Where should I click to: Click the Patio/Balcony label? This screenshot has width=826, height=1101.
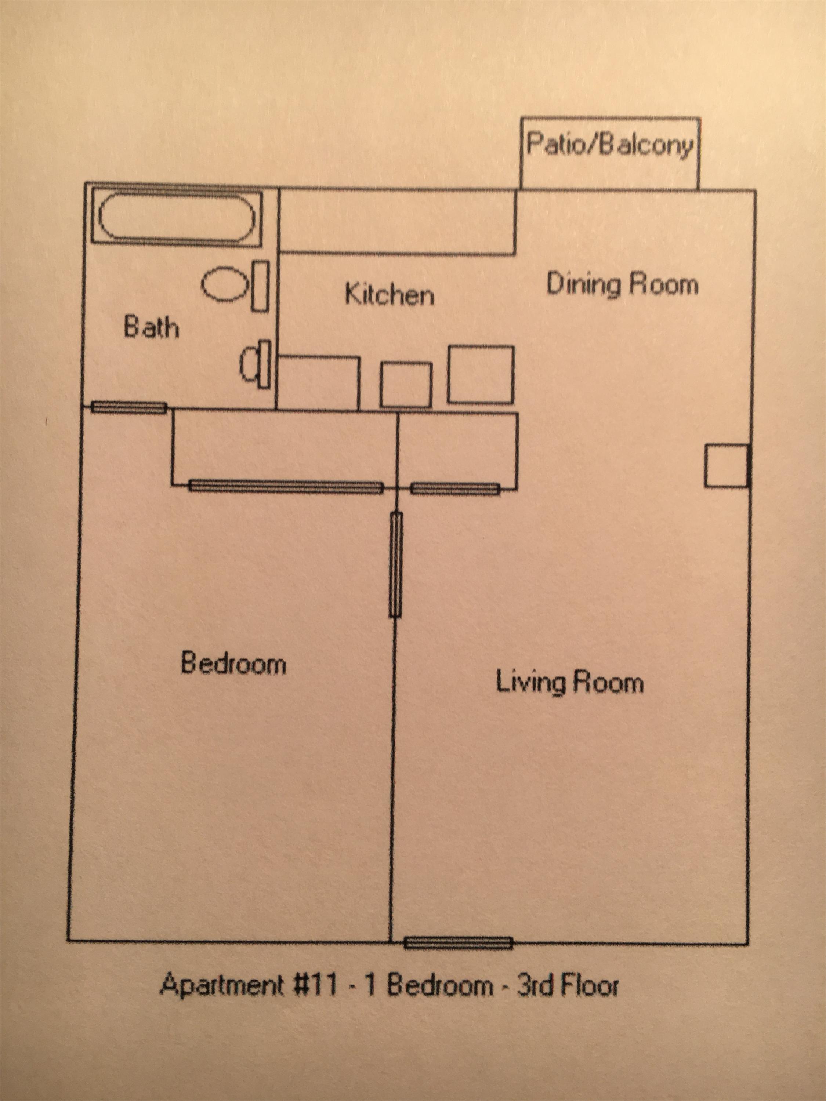tap(609, 145)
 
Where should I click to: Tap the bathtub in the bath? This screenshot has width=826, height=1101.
tap(177, 218)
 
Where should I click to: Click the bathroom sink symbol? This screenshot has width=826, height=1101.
tap(249, 364)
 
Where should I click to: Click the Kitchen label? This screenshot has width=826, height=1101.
tap(390, 294)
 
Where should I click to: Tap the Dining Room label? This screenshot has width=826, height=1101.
tap(622, 284)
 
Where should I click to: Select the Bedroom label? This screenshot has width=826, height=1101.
tap(233, 664)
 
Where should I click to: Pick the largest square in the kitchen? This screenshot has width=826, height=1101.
tap(481, 374)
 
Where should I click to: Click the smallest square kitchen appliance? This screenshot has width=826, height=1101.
tap(406, 385)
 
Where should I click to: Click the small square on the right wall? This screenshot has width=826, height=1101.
tap(726, 466)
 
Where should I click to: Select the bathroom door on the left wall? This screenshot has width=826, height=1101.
tap(129, 408)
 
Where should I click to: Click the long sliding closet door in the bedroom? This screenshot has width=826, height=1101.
tap(286, 486)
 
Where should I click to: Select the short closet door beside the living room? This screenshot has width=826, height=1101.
tap(455, 489)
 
